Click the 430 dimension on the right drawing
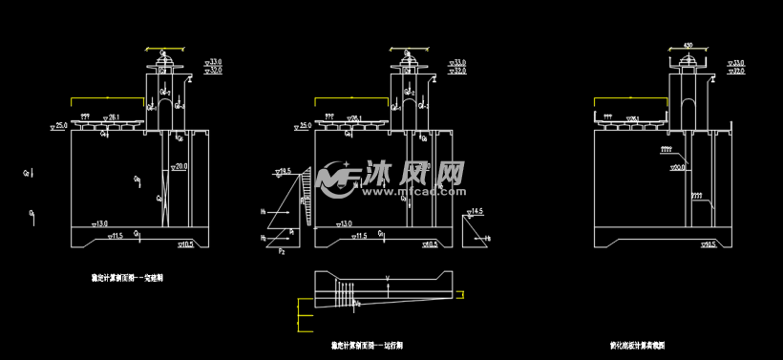point(688,45)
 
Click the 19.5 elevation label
point(284,171)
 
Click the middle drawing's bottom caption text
point(367,345)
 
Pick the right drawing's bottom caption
point(637,345)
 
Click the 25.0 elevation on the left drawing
point(59,125)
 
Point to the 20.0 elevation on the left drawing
point(179,166)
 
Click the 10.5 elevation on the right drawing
point(708,245)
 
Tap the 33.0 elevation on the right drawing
point(736,62)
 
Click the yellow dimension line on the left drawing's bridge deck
point(108,97)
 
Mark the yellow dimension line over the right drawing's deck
point(630,97)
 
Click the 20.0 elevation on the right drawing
point(679,167)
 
